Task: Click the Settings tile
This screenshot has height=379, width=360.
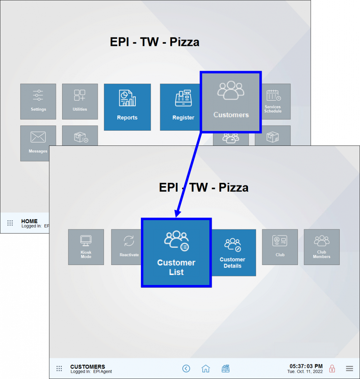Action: [38, 101]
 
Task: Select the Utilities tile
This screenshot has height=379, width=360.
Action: [80, 101]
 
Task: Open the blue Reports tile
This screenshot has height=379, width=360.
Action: [127, 107]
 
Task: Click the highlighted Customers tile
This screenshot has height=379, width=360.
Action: [231, 102]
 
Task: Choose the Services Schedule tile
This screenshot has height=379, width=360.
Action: [273, 101]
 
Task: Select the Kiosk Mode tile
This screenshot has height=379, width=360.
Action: [86, 247]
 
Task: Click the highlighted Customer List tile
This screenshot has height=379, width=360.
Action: [176, 252]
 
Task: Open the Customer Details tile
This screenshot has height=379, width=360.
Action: [233, 252]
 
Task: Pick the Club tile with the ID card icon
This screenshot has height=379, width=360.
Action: [280, 247]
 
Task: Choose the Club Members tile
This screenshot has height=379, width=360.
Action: [322, 247]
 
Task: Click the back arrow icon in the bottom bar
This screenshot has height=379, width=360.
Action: [186, 368]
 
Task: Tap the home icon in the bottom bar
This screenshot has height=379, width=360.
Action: [206, 368]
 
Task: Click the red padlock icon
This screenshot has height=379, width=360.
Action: [332, 368]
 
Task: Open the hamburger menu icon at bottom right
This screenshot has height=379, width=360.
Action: [349, 368]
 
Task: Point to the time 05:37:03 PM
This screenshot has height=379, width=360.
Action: [306, 366]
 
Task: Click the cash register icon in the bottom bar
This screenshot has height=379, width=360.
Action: [225, 368]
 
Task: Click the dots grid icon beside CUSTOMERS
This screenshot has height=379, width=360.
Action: [59, 368]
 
